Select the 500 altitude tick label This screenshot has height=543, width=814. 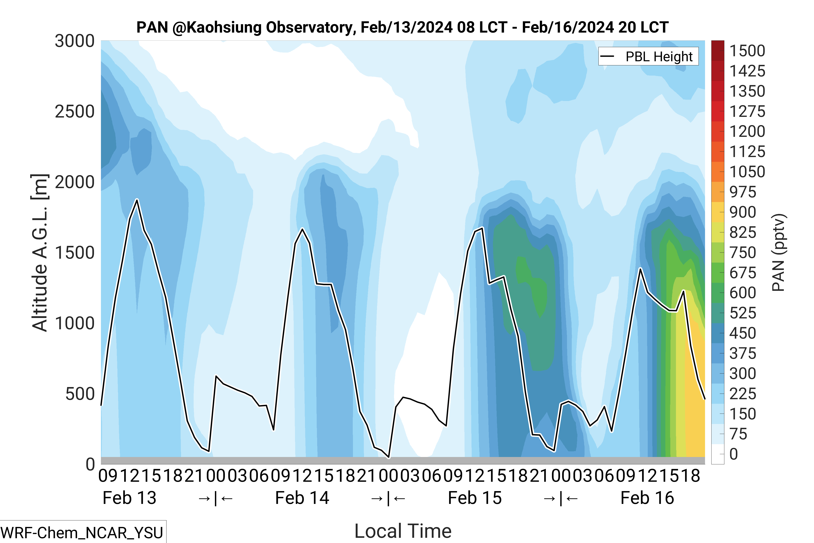pos(80,394)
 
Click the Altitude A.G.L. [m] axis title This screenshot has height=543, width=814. pos(40,253)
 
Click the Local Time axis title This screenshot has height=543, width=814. pos(403,531)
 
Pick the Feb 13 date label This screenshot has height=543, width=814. pos(129,498)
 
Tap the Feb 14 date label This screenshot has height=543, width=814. pos(302,498)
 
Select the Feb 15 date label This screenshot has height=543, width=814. pos(475,498)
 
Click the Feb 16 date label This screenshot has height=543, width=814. pos(647,498)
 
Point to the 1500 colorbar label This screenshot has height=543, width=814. pos(747,51)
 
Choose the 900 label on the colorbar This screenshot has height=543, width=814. pos(743,212)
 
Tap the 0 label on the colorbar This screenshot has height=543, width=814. pos(734,454)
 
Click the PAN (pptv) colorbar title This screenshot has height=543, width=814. pos(779,253)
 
